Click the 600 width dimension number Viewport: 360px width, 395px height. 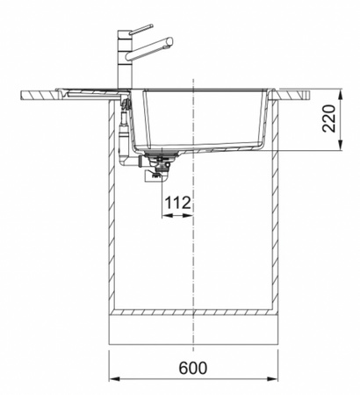click(x=193, y=368)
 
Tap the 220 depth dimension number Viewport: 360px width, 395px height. click(x=328, y=118)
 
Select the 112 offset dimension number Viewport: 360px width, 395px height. click(x=178, y=203)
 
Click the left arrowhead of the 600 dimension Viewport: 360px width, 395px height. click(x=114, y=378)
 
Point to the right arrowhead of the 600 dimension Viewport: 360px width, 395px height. click(x=272, y=378)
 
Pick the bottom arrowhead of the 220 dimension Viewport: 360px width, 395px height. click(x=340, y=145)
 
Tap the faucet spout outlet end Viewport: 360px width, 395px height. click(x=169, y=42)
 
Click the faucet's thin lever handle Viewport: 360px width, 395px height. click(x=141, y=30)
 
